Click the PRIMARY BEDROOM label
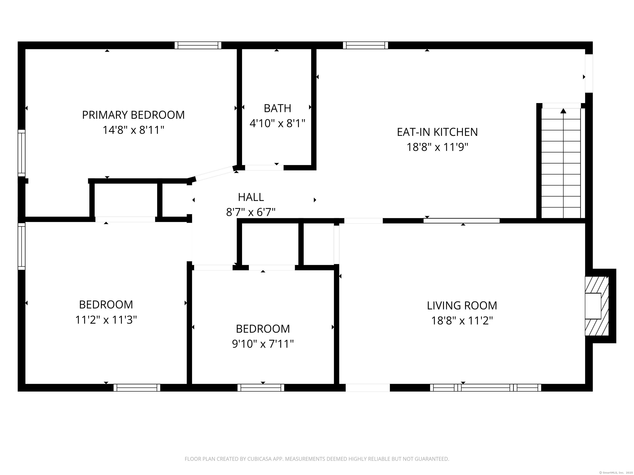click(133, 115)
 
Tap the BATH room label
click(277, 108)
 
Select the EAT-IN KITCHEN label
click(437, 132)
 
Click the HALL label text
click(251, 197)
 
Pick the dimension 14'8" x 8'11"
click(133, 130)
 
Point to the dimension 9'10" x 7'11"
click(263, 344)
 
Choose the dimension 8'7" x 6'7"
click(251, 212)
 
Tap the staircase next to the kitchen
click(561, 163)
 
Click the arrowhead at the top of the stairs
click(563, 111)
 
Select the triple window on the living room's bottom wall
click(486, 388)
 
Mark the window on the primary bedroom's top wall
click(198, 45)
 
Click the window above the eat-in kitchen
click(365, 45)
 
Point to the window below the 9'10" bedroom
click(261, 388)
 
